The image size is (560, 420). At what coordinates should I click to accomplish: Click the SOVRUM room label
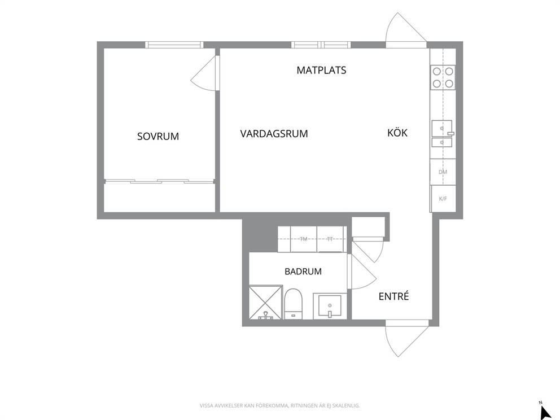click(158, 137)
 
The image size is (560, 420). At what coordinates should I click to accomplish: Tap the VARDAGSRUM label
click(274, 134)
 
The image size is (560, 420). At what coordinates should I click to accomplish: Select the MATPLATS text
click(321, 70)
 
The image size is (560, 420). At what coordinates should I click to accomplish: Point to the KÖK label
click(397, 133)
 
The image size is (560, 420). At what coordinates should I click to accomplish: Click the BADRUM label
click(303, 272)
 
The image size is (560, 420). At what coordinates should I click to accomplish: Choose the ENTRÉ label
click(393, 296)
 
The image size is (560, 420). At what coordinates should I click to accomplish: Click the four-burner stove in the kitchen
click(443, 77)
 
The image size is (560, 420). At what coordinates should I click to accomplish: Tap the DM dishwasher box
click(443, 172)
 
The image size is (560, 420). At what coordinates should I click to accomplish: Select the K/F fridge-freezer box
click(443, 199)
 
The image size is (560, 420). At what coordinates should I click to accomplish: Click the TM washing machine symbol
click(304, 239)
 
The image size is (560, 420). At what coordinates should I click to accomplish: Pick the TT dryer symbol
click(330, 239)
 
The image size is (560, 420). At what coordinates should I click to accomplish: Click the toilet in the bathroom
click(294, 304)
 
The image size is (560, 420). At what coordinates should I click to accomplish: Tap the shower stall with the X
click(266, 302)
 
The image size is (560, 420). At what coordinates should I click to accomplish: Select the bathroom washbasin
click(330, 306)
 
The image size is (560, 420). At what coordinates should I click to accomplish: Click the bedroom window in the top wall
click(174, 45)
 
